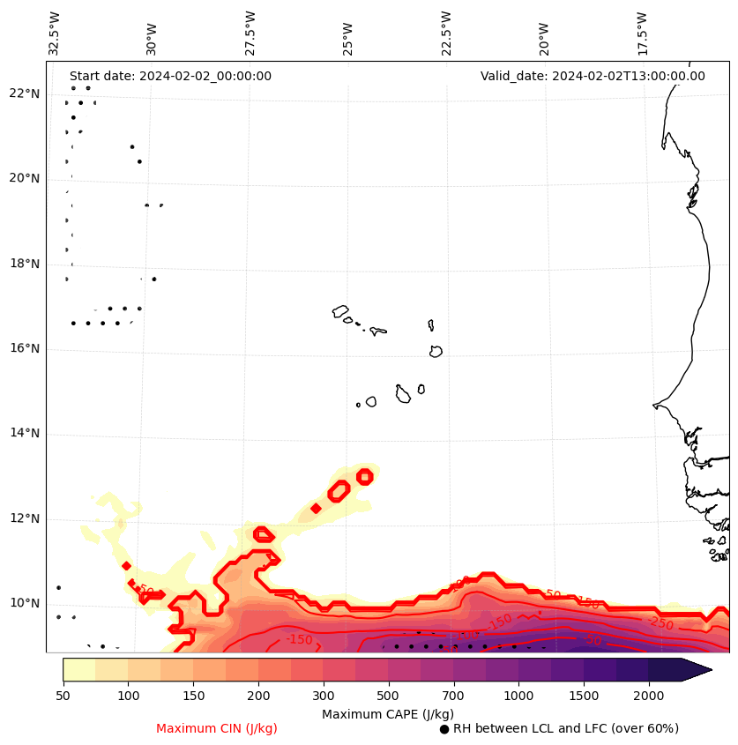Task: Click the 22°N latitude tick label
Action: pos(25,93)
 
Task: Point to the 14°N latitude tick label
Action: pos(25,434)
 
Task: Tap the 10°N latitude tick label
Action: pos(25,604)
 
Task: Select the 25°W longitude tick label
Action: pos(348,34)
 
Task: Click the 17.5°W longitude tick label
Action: pos(641,34)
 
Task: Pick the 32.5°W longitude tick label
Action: pos(55,34)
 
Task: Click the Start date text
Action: pos(170,76)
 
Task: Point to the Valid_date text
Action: pos(593,76)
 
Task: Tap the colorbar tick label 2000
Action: pos(649,695)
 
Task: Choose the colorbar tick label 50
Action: pos(63,695)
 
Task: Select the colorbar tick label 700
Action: pos(453,695)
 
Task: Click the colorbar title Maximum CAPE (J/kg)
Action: pos(387,713)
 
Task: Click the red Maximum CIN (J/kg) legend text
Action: pos(217,728)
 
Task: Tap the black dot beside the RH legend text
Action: pos(444,729)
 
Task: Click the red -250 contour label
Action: pos(660,623)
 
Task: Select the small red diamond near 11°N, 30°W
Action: pos(126,566)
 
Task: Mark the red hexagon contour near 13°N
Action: pos(364,477)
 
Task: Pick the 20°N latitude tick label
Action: pos(25,178)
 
